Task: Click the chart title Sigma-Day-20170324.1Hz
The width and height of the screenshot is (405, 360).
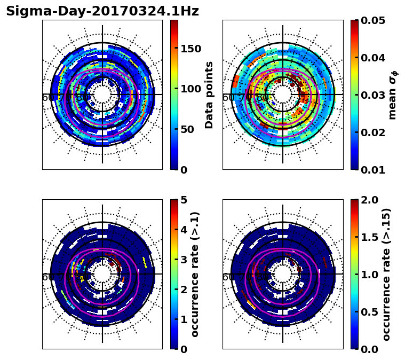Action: click(x=102, y=11)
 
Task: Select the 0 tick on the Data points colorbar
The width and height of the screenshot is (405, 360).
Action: click(x=183, y=170)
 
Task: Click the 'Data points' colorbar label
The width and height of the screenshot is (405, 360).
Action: click(x=209, y=95)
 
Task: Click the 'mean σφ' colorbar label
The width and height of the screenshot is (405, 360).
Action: click(x=393, y=95)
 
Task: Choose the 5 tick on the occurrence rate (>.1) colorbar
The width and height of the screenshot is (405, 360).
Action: click(x=183, y=200)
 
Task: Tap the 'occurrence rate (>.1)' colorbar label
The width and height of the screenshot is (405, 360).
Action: click(x=195, y=274)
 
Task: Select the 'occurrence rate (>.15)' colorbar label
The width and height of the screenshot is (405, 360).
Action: click(x=386, y=274)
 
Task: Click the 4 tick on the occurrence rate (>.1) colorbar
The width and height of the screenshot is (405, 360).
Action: click(x=183, y=230)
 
